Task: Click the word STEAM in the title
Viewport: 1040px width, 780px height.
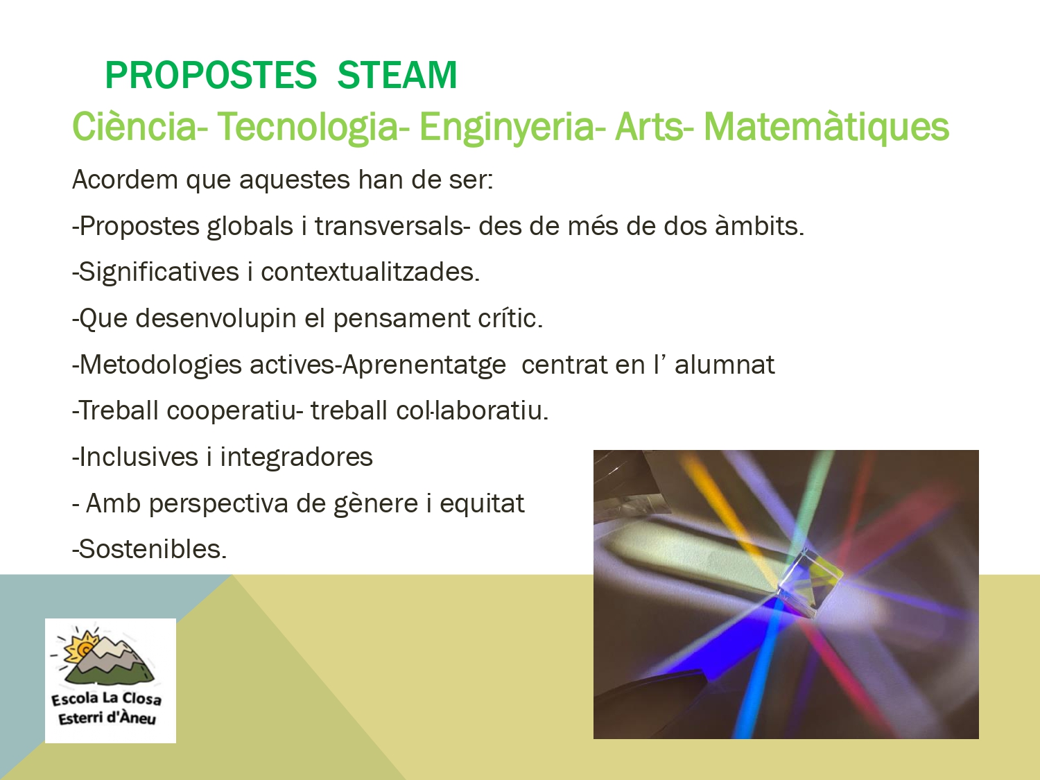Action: pos(397,75)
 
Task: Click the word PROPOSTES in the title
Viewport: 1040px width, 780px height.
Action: pos(211,75)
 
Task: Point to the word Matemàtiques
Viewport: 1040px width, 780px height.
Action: pos(826,127)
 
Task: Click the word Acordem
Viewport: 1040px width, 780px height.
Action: pos(125,180)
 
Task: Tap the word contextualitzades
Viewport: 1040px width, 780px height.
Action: pos(370,272)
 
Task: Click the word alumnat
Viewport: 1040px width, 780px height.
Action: pos(725,364)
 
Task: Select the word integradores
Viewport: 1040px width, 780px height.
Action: pos(296,458)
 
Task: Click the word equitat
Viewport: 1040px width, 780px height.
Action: pos(482,503)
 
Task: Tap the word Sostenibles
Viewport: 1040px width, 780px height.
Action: pos(150,549)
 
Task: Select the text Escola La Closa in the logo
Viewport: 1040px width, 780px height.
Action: pos(106,699)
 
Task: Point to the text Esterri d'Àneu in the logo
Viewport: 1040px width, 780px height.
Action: pos(107,718)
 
